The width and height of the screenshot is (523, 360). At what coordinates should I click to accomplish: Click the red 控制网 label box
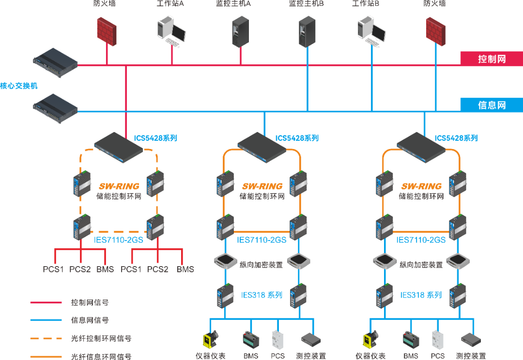tap(491, 59)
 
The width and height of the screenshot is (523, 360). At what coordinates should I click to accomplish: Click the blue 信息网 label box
tap(491, 105)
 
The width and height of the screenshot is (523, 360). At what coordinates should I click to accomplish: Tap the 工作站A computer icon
tap(171, 30)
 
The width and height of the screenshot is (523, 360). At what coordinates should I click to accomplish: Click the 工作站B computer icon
tap(371, 30)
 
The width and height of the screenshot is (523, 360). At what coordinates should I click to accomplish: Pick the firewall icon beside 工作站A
tap(107, 31)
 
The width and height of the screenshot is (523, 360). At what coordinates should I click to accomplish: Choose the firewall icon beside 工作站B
tap(435, 31)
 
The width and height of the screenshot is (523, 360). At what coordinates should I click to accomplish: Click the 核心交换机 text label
tap(18, 86)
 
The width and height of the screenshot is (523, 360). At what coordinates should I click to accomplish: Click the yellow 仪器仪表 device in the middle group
tap(210, 340)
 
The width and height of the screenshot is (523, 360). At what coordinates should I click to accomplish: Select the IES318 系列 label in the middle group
tap(261, 295)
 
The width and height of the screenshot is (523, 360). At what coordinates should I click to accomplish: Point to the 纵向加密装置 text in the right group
tap(421, 265)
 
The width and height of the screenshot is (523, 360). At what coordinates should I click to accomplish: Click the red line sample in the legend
tap(46, 303)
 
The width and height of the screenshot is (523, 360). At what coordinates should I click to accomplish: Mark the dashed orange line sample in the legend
tap(46, 339)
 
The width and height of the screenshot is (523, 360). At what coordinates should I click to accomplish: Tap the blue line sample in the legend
tap(46, 320)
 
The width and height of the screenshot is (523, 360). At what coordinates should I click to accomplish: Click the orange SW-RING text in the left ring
tap(119, 186)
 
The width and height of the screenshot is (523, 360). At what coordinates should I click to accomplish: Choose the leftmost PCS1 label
tap(53, 269)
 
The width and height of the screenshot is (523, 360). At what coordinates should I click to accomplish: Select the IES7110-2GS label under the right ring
tap(421, 240)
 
